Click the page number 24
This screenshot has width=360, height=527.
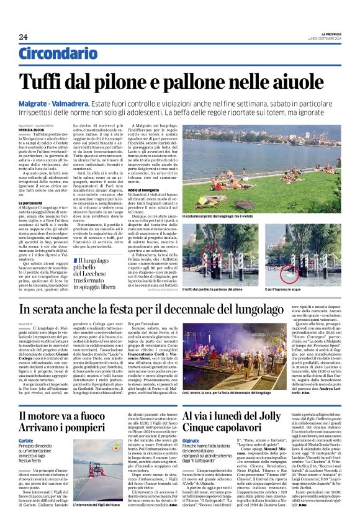(x=23, y=37)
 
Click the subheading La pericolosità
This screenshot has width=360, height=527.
(x=30, y=202)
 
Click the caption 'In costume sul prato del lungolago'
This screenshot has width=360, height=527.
(x=217, y=215)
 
